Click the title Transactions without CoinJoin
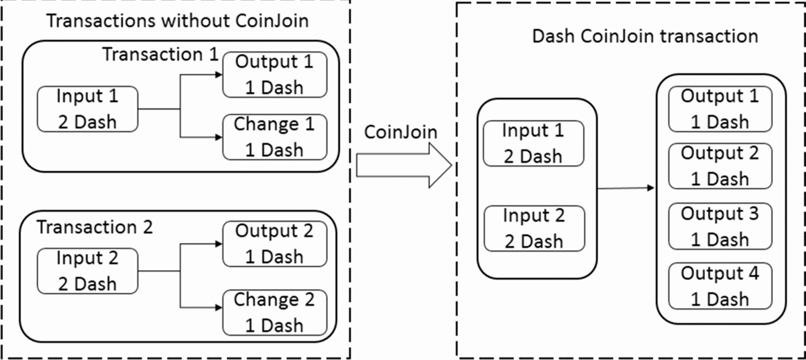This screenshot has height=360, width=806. [x=177, y=21]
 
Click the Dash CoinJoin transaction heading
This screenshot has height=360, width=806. [x=645, y=36]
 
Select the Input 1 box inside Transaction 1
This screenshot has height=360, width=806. [x=87, y=109]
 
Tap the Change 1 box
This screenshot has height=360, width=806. [x=274, y=137]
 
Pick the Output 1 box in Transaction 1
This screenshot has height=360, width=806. [x=274, y=75]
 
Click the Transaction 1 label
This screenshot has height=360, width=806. [x=160, y=54]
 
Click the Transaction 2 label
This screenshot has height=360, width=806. [x=95, y=227]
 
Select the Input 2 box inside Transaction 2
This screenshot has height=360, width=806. [x=87, y=271]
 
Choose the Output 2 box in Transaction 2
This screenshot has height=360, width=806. [x=274, y=244]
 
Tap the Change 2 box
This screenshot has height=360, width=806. [x=274, y=312]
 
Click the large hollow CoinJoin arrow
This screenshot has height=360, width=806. [x=403, y=166]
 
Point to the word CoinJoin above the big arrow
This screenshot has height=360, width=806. [x=401, y=132]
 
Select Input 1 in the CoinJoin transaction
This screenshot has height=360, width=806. [x=534, y=143]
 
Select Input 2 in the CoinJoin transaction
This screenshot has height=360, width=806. [x=534, y=228]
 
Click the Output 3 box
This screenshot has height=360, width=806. [x=720, y=226]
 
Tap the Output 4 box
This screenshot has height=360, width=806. [x=720, y=286]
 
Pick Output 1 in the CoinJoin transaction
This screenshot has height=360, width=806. [x=720, y=109]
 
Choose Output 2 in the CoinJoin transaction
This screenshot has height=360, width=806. [x=720, y=166]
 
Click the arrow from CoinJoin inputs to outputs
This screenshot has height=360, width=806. [x=626, y=188]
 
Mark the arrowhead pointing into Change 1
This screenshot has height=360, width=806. [x=219, y=137]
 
